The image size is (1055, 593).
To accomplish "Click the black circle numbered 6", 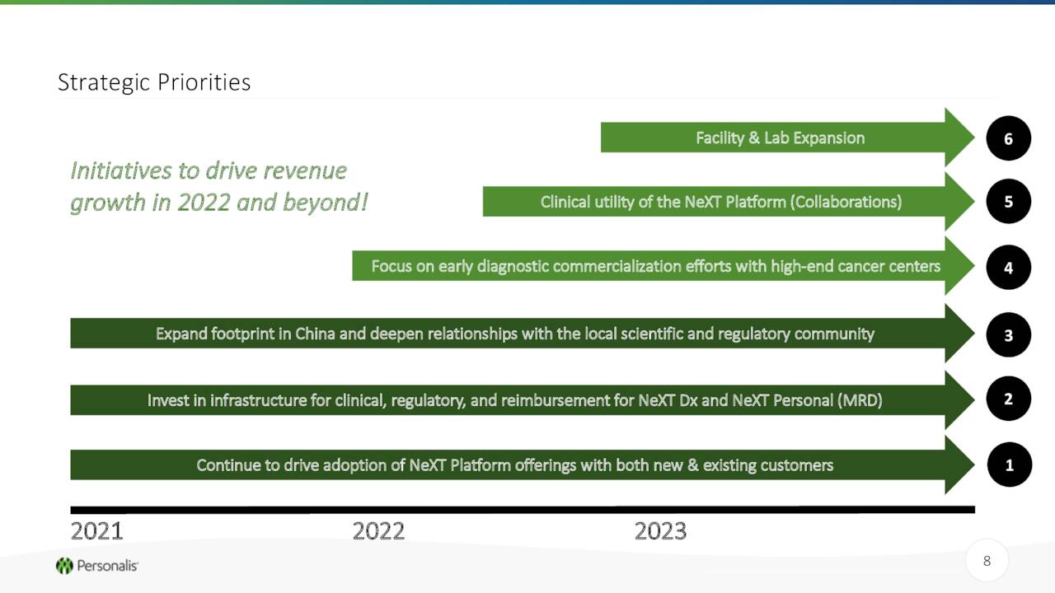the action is (x=1008, y=138).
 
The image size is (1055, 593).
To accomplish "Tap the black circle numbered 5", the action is (x=1008, y=202).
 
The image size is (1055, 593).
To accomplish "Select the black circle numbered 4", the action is (x=1008, y=268).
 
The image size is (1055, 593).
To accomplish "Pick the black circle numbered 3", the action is (x=1008, y=334).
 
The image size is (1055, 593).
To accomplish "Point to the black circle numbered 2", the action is (x=1008, y=399).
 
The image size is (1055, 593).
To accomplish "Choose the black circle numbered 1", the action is (x=1010, y=465).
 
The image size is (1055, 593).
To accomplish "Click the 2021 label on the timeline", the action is (x=96, y=531).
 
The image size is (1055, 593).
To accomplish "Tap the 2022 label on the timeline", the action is (x=378, y=531).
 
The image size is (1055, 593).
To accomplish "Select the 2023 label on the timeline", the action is (x=660, y=531).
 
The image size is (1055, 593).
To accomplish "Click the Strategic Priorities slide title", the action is (x=154, y=83).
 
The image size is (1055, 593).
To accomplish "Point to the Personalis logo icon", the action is (x=64, y=566).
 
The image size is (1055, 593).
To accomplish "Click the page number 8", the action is (x=987, y=561).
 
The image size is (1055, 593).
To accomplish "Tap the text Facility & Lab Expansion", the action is (x=780, y=138).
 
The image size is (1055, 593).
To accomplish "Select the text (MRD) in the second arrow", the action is (x=860, y=400).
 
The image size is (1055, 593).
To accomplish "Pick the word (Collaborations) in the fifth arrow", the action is (x=846, y=202).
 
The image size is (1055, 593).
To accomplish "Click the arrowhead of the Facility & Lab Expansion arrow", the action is (x=959, y=138).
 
